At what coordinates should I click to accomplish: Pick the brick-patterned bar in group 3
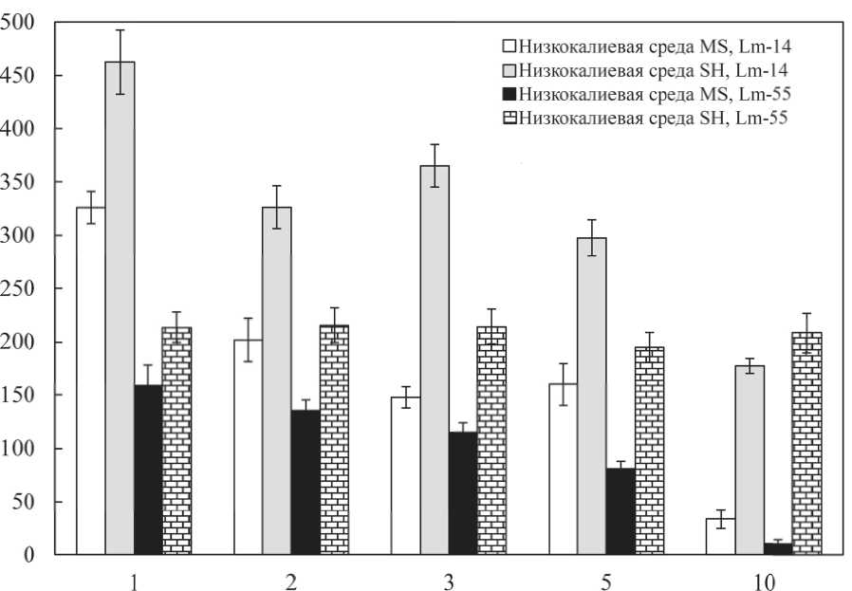click(x=491, y=440)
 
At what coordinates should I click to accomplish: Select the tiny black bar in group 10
click(x=778, y=548)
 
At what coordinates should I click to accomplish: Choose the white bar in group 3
click(x=405, y=475)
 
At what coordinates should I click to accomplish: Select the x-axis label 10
click(x=763, y=581)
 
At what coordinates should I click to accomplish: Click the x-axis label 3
click(x=448, y=581)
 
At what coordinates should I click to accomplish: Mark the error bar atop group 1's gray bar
click(x=120, y=62)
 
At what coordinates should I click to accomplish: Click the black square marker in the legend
click(x=510, y=93)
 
